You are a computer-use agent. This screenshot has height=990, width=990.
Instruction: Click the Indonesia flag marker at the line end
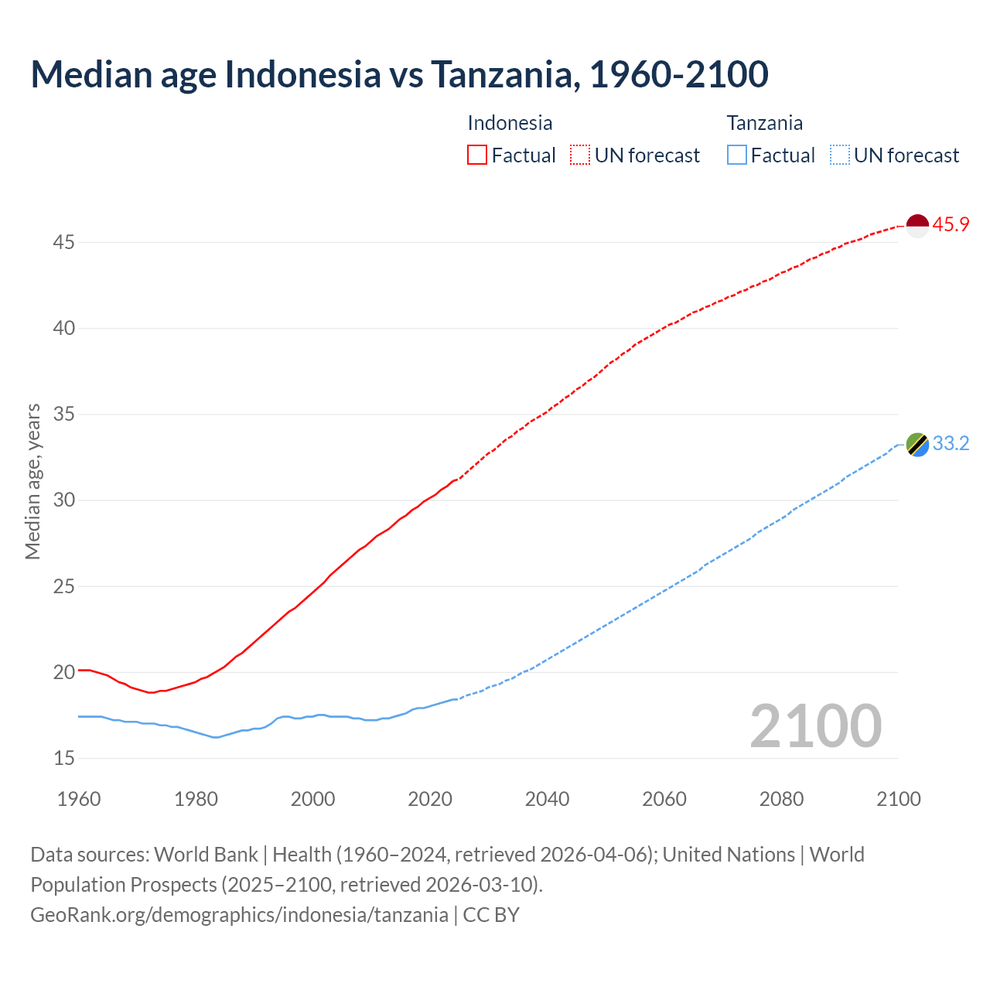(x=917, y=226)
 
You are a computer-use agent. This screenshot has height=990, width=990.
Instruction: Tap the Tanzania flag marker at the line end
(x=917, y=445)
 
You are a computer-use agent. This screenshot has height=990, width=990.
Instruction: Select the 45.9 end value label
(x=951, y=225)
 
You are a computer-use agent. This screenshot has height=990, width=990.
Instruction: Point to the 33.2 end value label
(x=951, y=444)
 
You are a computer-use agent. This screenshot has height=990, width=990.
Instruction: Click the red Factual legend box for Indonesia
(x=477, y=155)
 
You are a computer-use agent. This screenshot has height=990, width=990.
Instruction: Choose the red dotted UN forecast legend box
(x=580, y=155)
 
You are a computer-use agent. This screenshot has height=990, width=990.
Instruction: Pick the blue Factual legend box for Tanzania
(x=737, y=155)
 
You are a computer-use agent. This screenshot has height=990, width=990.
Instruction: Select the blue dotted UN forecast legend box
(x=840, y=155)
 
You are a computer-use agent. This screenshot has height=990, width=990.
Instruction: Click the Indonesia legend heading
(x=510, y=123)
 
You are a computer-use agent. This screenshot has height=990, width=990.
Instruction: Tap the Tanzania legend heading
(x=764, y=123)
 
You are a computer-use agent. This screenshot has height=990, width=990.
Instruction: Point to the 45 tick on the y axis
(x=63, y=243)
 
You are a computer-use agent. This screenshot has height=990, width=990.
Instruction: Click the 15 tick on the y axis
(x=63, y=759)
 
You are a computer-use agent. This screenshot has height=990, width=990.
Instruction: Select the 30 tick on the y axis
(x=63, y=500)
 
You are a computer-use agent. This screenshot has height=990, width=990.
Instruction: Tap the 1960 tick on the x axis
(x=79, y=799)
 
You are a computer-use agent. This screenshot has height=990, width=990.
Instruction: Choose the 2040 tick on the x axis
(x=547, y=799)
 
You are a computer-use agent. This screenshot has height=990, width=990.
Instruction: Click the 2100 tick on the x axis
(x=898, y=799)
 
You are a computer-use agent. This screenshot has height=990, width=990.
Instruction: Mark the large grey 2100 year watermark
(x=815, y=725)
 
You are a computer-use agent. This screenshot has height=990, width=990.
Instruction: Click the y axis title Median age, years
(x=32, y=481)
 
